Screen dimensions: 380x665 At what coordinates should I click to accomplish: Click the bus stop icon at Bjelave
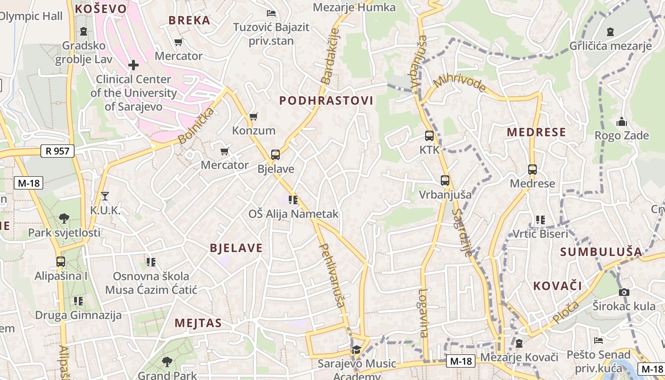(275, 155)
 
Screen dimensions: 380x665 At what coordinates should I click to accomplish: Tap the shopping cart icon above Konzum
(254, 116)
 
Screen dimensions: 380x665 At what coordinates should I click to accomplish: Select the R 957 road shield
(58, 152)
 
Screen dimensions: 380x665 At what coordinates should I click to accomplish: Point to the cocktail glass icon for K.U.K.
(105, 196)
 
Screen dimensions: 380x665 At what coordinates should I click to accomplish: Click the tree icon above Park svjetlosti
(64, 218)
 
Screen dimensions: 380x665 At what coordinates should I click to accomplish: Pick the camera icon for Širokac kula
(624, 292)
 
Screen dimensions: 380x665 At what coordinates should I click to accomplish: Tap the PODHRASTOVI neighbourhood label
(326, 101)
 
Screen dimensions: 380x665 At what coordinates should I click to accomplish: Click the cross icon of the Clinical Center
(133, 65)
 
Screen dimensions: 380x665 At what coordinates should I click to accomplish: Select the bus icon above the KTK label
(429, 136)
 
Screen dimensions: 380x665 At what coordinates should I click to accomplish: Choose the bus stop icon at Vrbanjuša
(445, 180)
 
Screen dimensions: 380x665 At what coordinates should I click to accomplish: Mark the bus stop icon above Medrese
(532, 170)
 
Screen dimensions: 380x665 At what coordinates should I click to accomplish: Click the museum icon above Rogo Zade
(622, 122)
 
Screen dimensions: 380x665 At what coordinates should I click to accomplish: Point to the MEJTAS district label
(198, 323)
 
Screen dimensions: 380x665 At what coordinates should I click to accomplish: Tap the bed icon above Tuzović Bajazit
(271, 13)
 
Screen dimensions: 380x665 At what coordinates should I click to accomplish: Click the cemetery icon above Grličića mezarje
(610, 32)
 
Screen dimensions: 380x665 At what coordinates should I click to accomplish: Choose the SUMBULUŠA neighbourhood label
(601, 252)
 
